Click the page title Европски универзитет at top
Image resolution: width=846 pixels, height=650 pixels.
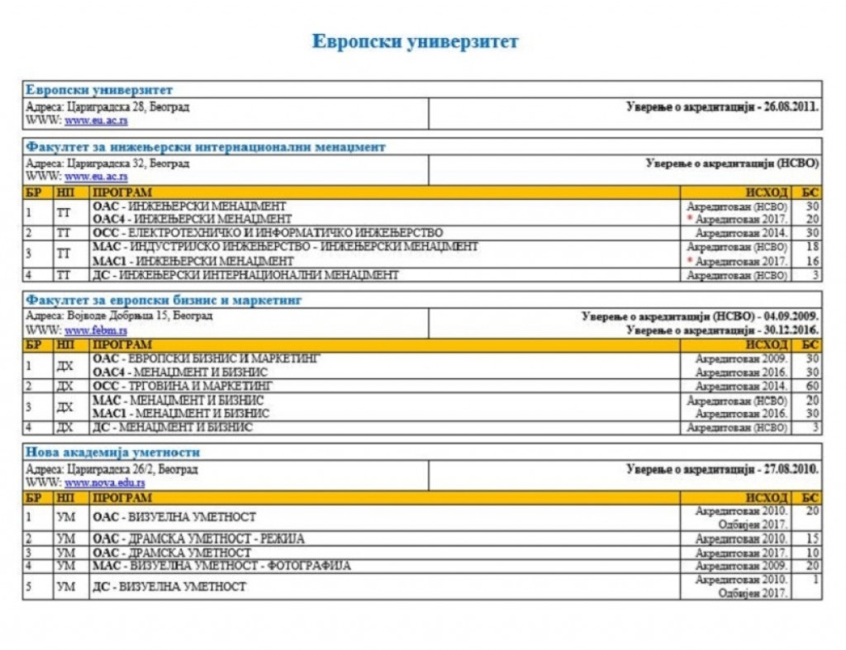415,41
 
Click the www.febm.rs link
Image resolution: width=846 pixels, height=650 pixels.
96,331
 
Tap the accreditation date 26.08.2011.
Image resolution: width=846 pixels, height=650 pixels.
792,107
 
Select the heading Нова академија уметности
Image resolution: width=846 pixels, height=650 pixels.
112,453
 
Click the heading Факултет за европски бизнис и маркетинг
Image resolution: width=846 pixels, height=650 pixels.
163,300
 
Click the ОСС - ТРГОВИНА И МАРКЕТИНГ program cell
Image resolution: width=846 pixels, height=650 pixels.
182,386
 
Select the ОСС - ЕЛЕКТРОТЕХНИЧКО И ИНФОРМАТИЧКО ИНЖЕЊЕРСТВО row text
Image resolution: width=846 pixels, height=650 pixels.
268,233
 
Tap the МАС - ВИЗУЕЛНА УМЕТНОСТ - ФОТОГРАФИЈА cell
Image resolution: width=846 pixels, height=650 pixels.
221,566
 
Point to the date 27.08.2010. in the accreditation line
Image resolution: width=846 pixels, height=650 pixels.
791,469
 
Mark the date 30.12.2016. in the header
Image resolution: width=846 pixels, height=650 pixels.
791,330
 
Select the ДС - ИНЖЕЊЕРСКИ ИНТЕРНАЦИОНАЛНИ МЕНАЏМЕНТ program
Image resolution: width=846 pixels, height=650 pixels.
245,275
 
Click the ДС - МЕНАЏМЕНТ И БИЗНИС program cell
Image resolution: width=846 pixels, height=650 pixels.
173,428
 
